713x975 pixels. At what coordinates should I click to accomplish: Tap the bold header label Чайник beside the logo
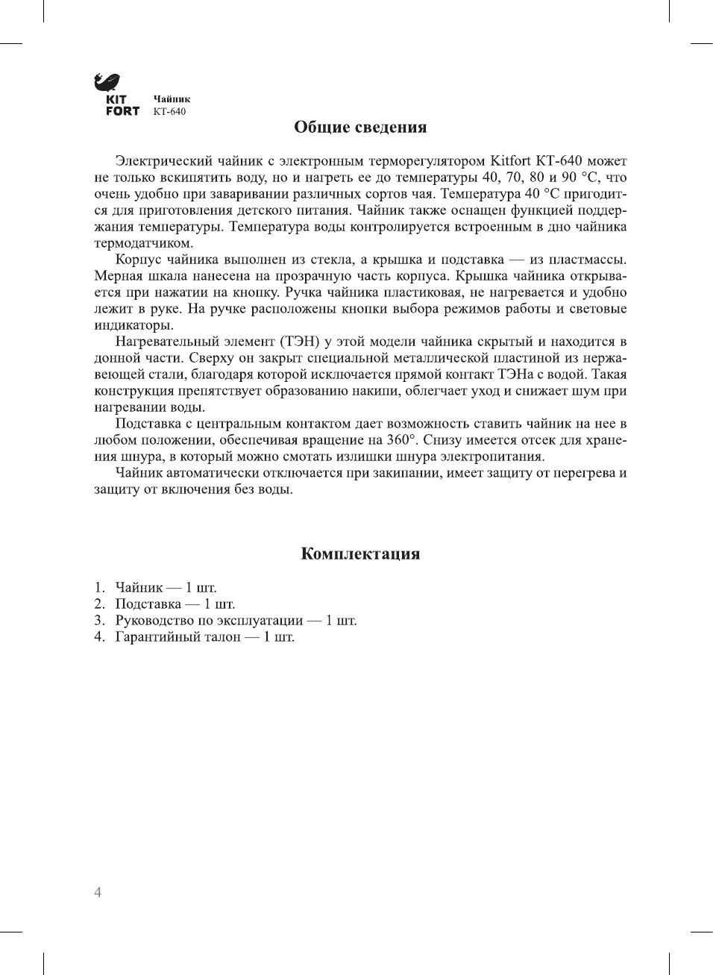(172, 98)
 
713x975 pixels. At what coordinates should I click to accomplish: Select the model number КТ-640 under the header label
(169, 112)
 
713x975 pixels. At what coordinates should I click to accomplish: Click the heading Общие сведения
(360, 127)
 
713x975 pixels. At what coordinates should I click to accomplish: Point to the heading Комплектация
(360, 554)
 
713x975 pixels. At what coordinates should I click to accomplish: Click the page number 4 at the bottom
(98, 892)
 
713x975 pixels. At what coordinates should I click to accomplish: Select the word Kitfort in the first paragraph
(510, 161)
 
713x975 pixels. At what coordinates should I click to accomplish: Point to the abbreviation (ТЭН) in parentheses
(301, 342)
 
